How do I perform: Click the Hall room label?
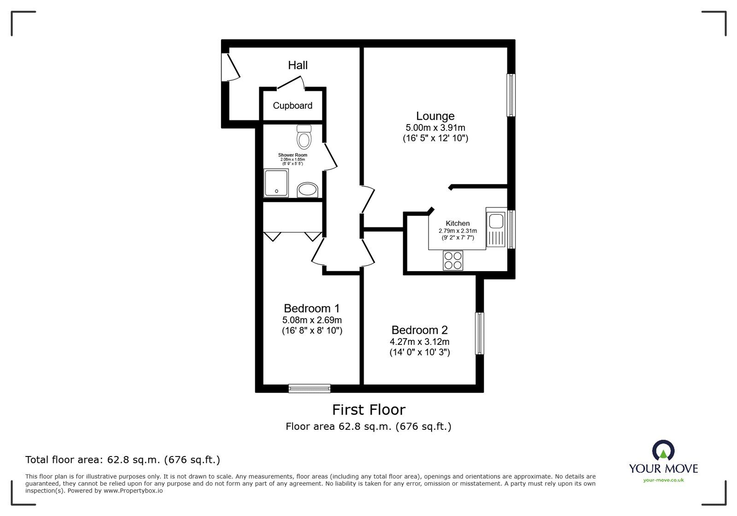[x=298, y=65]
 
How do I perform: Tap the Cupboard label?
[x=292, y=106]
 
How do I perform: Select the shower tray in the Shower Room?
[x=276, y=183]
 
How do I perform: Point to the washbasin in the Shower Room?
[x=307, y=190]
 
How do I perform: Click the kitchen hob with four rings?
[x=453, y=261]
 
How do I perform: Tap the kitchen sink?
[x=496, y=221]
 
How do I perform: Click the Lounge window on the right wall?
[x=511, y=95]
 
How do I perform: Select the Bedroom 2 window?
[x=480, y=333]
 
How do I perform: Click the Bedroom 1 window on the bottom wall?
[x=310, y=389]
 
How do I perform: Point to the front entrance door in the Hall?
[x=230, y=67]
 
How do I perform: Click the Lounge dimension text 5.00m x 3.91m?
[x=435, y=128]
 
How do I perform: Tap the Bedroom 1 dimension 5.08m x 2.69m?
[x=312, y=320]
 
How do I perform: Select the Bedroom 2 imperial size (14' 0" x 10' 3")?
[x=420, y=352]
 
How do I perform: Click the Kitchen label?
[x=457, y=223]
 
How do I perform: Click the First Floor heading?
[x=368, y=409]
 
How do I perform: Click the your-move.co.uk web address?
[x=663, y=480]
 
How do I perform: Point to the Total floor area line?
[x=123, y=460]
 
